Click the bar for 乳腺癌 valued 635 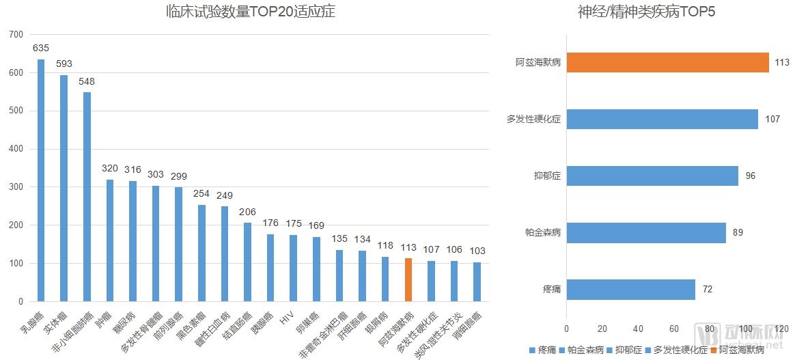41,180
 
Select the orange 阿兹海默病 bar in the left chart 408,279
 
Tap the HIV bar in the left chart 294,268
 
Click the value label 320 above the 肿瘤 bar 110,168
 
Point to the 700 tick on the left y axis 16,34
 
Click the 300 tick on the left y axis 16,187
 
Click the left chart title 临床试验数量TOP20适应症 251,12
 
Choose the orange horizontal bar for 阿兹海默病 667,62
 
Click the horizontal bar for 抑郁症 652,176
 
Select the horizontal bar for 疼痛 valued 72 631,289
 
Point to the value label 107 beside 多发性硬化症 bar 772,119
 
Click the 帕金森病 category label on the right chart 539,232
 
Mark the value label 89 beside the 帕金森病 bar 738,232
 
